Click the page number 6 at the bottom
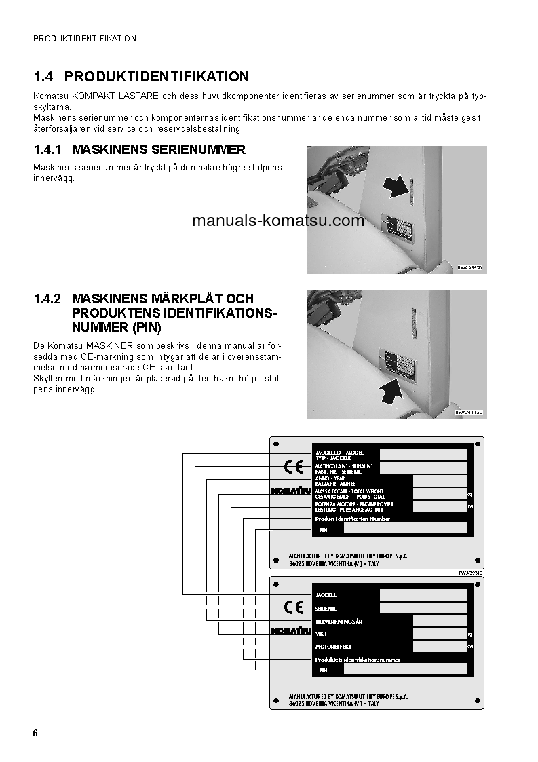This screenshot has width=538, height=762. click(35, 734)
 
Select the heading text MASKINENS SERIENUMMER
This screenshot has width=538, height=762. click(158, 149)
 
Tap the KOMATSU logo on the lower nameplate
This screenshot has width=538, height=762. click(290, 631)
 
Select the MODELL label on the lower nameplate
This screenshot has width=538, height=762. click(326, 595)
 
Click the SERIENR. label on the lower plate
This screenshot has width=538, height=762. click(327, 608)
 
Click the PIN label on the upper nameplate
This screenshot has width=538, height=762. click(323, 529)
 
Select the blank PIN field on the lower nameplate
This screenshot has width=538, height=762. click(405, 669)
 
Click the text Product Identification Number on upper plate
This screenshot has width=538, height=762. click(353, 518)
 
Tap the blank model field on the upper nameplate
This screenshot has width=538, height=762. click(423, 455)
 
